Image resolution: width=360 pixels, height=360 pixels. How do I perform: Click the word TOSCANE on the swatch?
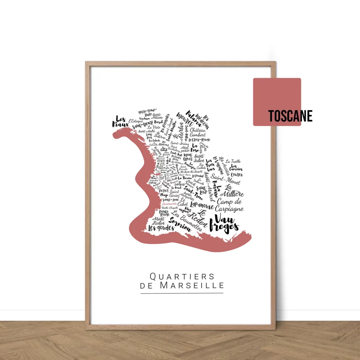coord(290,116)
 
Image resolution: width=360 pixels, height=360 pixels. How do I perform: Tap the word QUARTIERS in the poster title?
coord(182,276)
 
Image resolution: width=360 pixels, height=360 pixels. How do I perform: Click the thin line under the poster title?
coord(182,293)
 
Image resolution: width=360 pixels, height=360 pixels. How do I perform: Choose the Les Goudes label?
coord(161,228)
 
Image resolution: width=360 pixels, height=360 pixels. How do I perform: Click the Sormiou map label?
coord(180,224)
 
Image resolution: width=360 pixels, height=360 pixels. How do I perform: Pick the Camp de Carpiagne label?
coord(229,205)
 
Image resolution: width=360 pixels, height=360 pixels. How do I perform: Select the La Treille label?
coord(233,161)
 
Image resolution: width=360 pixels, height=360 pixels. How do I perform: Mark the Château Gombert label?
coord(198,132)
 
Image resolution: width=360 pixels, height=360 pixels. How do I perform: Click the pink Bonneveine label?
coord(169,204)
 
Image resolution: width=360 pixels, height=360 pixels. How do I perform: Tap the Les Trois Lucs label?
coord(211,165)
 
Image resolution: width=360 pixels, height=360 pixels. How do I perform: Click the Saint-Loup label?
coord(201,190)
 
